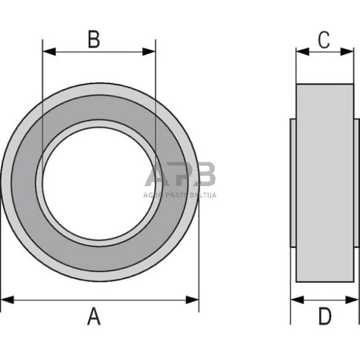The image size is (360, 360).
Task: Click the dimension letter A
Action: pos(94,317)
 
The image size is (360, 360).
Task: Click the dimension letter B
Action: pos(94,40)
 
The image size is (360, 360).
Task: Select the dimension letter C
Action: pos(324,40)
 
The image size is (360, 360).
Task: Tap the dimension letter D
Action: pos(325,317)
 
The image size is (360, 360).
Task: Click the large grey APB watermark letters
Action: pos(181,174)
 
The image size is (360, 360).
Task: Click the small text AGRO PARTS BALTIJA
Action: pos(181,195)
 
